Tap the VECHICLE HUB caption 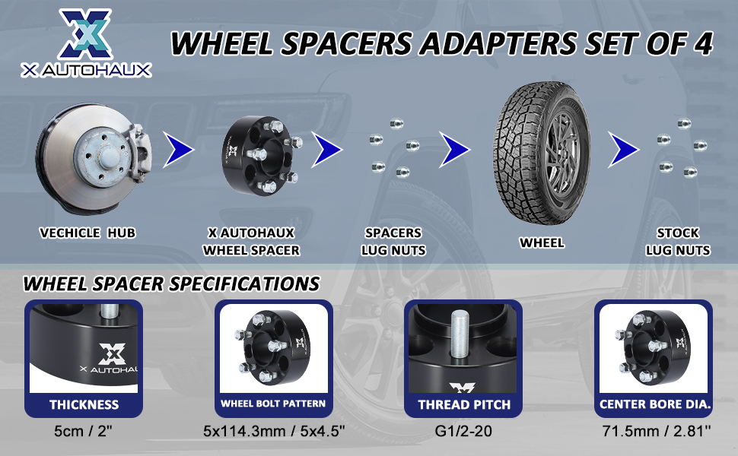coord(87,233)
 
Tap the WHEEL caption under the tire coord(542,243)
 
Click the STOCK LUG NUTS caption coord(678,242)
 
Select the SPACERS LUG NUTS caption coord(393,242)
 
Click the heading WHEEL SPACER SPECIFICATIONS coord(171,284)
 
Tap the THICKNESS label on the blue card coord(84,404)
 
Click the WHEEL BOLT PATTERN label coord(273,404)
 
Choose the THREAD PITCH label coord(464,404)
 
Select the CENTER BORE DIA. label coord(655,404)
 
